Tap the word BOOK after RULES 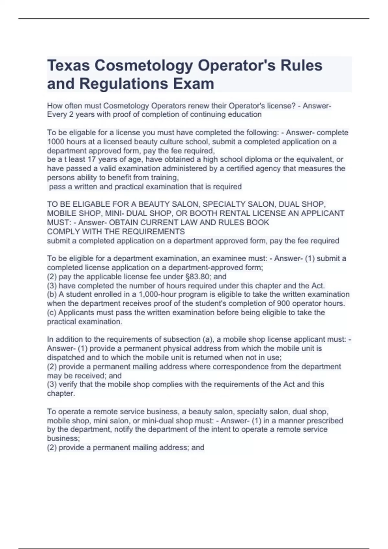click(258, 223)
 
